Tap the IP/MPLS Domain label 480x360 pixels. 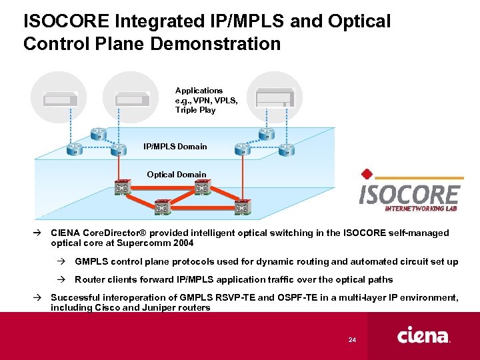click(x=175, y=147)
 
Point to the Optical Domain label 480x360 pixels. click(x=177, y=175)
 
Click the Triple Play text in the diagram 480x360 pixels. click(x=195, y=110)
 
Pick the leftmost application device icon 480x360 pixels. click(x=60, y=99)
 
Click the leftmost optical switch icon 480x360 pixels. click(x=121, y=189)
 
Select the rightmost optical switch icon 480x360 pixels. click(x=242, y=208)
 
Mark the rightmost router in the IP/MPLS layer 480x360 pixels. click(x=287, y=148)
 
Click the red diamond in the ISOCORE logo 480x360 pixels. click(x=366, y=175)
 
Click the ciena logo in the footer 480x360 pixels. click(x=424, y=335)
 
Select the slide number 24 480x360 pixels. click(x=353, y=341)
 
